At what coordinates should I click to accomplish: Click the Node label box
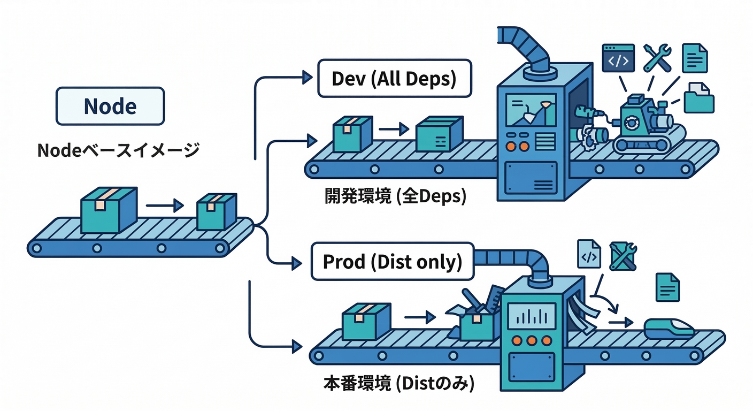click(x=110, y=106)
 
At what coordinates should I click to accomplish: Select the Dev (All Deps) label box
click(x=395, y=79)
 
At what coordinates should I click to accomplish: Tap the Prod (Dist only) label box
click(x=392, y=262)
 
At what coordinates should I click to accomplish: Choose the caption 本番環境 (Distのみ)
click(x=399, y=384)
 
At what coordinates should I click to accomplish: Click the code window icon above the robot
click(x=618, y=58)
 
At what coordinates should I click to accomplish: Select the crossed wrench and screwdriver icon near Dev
click(x=657, y=58)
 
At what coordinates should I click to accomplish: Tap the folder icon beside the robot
click(x=699, y=97)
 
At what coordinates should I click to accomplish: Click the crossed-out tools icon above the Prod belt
click(x=623, y=256)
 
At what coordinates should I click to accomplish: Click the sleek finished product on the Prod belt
click(x=669, y=328)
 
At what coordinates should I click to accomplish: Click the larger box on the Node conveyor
click(x=109, y=209)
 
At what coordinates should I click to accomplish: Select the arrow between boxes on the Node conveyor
click(x=164, y=205)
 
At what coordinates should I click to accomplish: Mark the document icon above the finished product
click(x=667, y=287)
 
